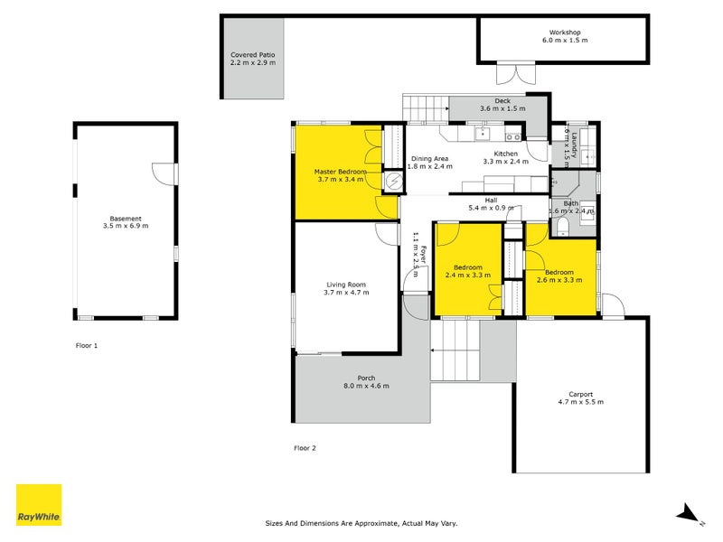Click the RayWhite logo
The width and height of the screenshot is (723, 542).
[39, 505]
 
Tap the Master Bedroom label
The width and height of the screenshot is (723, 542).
[340, 171]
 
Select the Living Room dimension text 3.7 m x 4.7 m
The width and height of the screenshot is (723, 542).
[348, 293]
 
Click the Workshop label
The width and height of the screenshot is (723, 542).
[564, 32]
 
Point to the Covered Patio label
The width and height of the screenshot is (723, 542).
[252, 55]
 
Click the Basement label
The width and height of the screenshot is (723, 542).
[126, 218]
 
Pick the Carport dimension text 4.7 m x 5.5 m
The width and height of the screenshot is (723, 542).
[580, 402]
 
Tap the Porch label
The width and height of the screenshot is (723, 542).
[366, 378]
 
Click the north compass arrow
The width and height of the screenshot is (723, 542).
[689, 513]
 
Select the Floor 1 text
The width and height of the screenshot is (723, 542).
[86, 345]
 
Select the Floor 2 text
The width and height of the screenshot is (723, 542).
[305, 447]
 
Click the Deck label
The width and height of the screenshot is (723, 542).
[502, 101]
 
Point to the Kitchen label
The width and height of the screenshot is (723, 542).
[500, 153]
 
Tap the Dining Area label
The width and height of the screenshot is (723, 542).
[428, 158]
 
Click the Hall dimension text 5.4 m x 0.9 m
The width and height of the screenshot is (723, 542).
[491, 208]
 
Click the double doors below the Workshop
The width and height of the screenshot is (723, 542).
[515, 73]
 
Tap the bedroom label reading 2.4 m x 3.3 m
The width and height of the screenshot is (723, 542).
[467, 275]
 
